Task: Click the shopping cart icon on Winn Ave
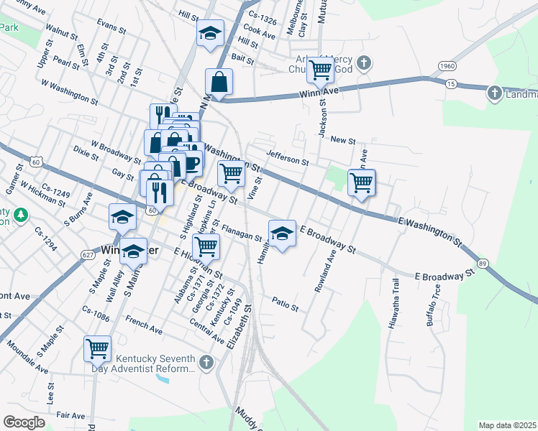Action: [320, 70]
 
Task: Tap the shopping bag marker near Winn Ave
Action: [219, 82]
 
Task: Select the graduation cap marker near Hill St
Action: [210, 33]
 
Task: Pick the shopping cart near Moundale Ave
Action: [97, 348]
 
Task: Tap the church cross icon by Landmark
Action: [494, 93]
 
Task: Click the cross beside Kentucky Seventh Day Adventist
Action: [208, 363]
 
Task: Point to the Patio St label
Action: [285, 304]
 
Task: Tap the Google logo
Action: [24, 422]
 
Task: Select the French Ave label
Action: [144, 323]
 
